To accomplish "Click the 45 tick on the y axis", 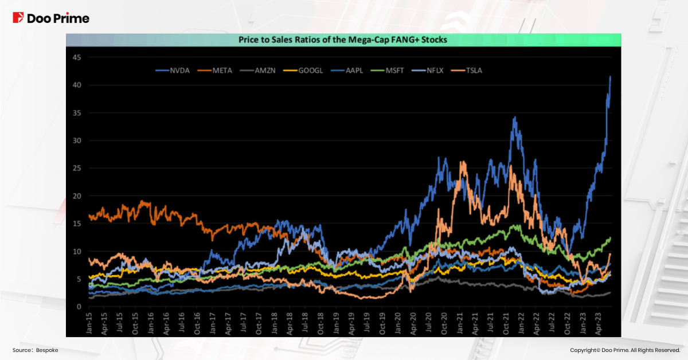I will coord(76,57).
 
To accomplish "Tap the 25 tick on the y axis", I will coord(76,169).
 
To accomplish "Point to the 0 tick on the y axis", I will coord(78,307).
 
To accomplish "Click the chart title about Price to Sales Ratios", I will coord(343,40).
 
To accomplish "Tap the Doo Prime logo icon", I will coord(18,18).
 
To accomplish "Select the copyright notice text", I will coord(625,350).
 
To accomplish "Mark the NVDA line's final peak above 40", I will coord(610,76).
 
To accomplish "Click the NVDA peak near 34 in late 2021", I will coord(515,118).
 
